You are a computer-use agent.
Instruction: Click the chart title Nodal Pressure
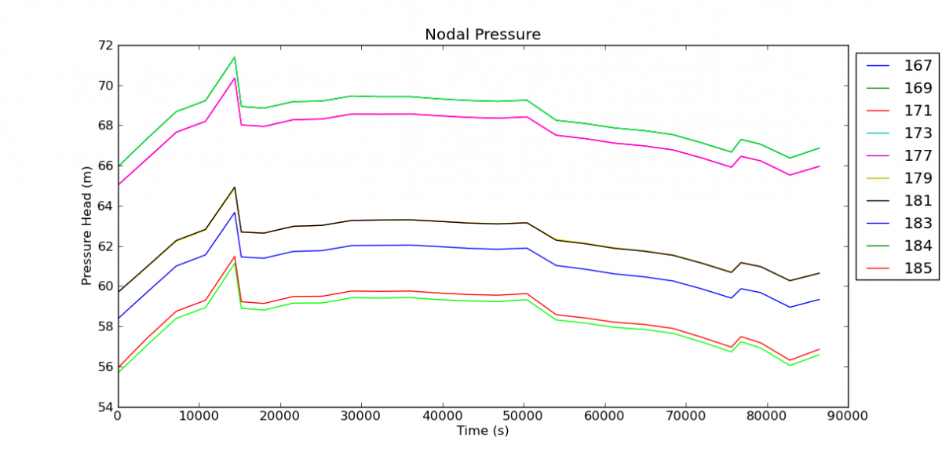[x=482, y=35]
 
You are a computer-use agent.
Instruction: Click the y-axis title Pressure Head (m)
[x=87, y=226]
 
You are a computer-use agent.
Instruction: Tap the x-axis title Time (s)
[x=482, y=431]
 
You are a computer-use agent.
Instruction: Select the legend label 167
[x=918, y=65]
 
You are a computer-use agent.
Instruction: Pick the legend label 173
[x=918, y=133]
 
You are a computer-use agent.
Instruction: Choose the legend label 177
[x=918, y=155]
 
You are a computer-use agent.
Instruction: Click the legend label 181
[x=918, y=201]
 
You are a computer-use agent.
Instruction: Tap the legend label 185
[x=918, y=269]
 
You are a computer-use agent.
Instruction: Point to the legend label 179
[x=918, y=178]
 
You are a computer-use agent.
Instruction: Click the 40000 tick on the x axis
[x=443, y=417]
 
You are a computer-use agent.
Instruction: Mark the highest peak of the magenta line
[x=234, y=78]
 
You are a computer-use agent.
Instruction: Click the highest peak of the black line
[x=234, y=187]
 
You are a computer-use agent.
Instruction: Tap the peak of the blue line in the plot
[x=234, y=212]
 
